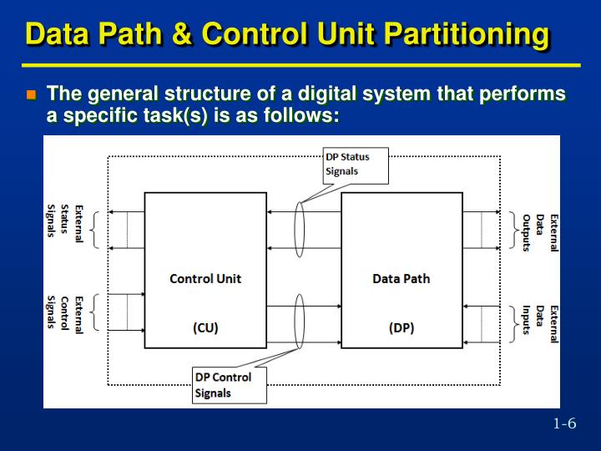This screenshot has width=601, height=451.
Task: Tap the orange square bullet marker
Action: click(x=32, y=95)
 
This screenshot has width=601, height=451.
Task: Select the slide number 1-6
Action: click(x=565, y=423)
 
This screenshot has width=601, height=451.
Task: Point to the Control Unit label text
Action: click(x=205, y=279)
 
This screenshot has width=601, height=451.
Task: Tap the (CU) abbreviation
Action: click(x=205, y=327)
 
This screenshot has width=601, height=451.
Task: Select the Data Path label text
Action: click(x=401, y=279)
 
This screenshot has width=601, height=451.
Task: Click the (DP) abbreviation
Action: click(x=401, y=327)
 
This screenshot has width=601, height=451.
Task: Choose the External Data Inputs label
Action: click(x=540, y=318)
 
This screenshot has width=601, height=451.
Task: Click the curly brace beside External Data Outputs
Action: click(x=512, y=230)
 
